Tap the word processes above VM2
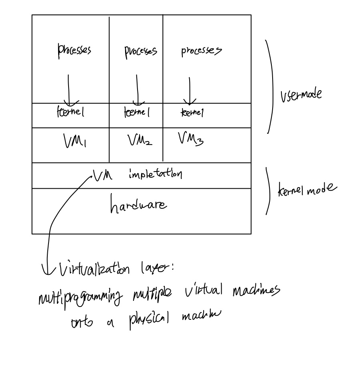point(140,51)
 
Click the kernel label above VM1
point(70,113)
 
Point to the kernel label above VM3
point(192,113)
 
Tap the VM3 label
point(190,140)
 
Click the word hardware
point(138,205)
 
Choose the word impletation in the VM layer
point(155,175)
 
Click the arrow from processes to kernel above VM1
point(69,90)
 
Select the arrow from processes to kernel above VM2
point(138,90)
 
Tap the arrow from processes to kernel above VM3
point(189,91)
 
